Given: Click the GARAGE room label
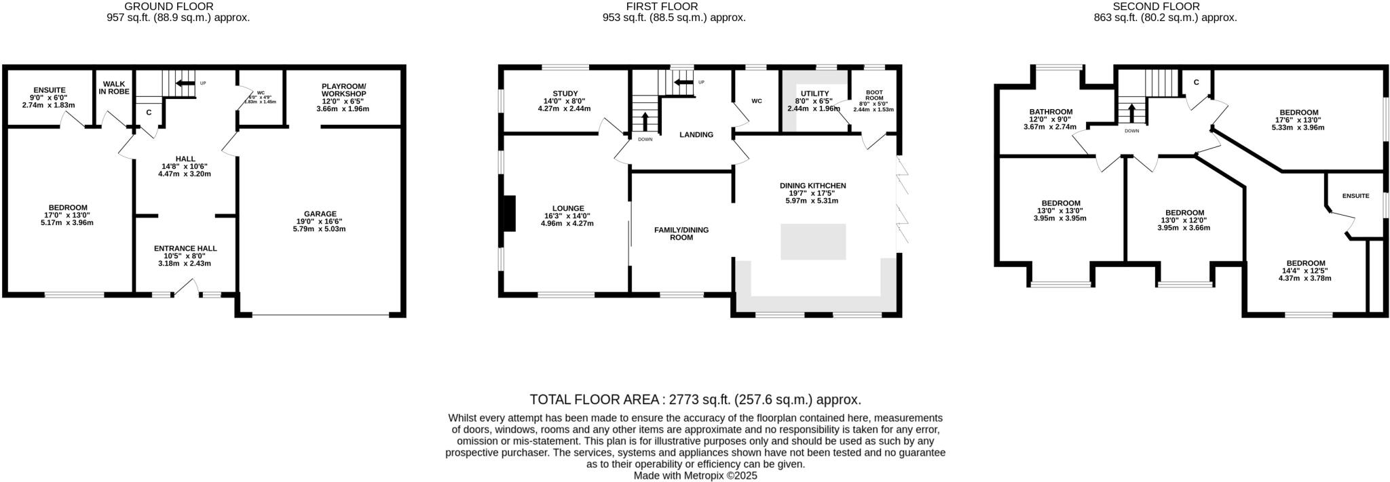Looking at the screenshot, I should (319, 214).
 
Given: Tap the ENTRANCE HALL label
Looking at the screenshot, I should (185, 248).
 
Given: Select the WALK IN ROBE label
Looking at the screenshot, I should (114, 87).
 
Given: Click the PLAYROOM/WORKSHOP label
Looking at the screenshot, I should (343, 89).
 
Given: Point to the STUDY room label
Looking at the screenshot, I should (564, 94).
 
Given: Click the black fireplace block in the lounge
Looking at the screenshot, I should (508, 214).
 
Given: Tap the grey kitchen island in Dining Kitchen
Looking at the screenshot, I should (813, 241).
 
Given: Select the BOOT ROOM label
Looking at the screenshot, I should (874, 94).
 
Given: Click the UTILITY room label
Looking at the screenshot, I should (813, 94).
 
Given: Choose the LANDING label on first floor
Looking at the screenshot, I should (696, 134).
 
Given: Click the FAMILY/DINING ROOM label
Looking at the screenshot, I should (681, 233).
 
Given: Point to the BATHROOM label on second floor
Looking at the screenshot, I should (1051, 112).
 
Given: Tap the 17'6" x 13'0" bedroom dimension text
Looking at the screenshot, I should (1298, 120).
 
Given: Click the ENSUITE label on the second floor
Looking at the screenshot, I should (1355, 196).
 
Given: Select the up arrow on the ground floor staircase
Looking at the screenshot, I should (183, 83).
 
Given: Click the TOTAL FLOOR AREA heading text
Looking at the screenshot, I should (695, 399).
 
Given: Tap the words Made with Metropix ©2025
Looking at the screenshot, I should (695, 476).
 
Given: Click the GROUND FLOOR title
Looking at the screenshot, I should (178, 6).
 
